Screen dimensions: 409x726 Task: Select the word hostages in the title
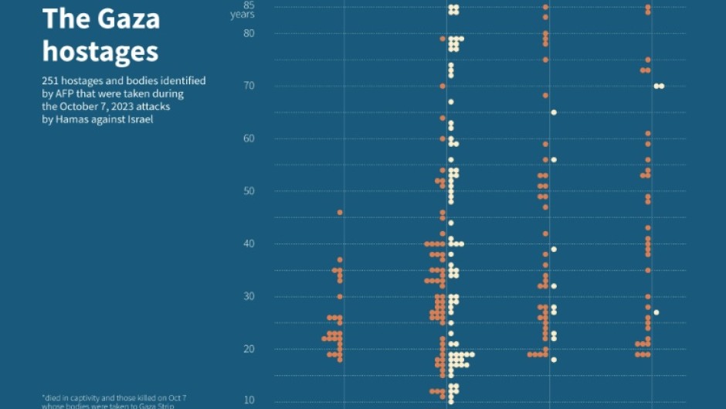[x=100, y=51]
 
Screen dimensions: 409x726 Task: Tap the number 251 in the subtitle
[x=52, y=80]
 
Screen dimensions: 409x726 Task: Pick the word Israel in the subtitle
[x=137, y=120]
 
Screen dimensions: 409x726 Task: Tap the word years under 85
[x=243, y=15]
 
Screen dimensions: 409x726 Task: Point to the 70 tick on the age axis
[x=249, y=86]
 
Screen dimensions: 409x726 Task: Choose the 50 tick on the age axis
[x=249, y=191]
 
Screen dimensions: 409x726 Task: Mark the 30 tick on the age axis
[x=249, y=296]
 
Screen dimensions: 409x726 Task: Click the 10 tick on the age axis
[x=249, y=400]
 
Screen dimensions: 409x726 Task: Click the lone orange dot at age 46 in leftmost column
[x=340, y=212]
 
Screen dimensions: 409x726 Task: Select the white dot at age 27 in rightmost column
[x=656, y=312]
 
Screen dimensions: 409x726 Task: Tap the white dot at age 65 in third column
[x=554, y=112]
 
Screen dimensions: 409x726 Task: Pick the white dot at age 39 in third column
[x=554, y=249]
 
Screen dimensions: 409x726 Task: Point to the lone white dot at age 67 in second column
[x=451, y=102]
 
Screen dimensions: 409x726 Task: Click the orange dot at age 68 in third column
[x=545, y=96]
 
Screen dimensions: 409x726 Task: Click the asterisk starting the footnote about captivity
[x=43, y=397]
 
